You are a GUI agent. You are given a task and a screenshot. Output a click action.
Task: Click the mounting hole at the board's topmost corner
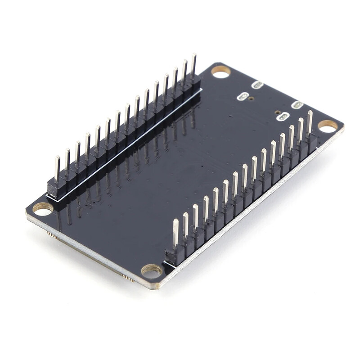pyautogui.click(x=220, y=72)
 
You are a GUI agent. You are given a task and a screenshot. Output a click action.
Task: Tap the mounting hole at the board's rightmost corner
pyautogui.click(x=328, y=126)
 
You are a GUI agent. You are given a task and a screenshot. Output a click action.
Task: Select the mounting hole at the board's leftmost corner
pyautogui.click(x=43, y=209)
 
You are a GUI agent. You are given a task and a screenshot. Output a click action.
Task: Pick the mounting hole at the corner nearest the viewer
pyautogui.click(x=152, y=270)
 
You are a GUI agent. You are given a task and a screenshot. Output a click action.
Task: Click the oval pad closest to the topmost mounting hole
pyautogui.click(x=257, y=85)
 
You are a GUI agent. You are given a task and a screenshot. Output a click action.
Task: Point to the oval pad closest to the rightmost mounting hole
pyautogui.click(x=297, y=105)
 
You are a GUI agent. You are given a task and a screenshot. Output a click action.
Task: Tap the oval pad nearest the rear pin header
pyautogui.click(x=243, y=96)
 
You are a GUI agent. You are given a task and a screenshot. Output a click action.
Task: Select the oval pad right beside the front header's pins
pyautogui.click(x=283, y=117)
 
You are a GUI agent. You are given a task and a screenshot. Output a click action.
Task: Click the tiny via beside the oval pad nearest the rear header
pyautogui.click(x=251, y=99)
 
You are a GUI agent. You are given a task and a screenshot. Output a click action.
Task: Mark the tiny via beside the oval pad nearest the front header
pyautogui.click(x=277, y=112)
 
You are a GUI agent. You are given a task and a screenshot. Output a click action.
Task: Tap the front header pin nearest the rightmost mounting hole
pyautogui.click(x=310, y=122)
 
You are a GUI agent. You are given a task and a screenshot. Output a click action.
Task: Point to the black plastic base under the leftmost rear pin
pyautogui.click(x=57, y=188)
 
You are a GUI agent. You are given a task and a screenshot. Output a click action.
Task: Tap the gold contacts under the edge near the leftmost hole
pyautogui.click(x=52, y=235)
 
